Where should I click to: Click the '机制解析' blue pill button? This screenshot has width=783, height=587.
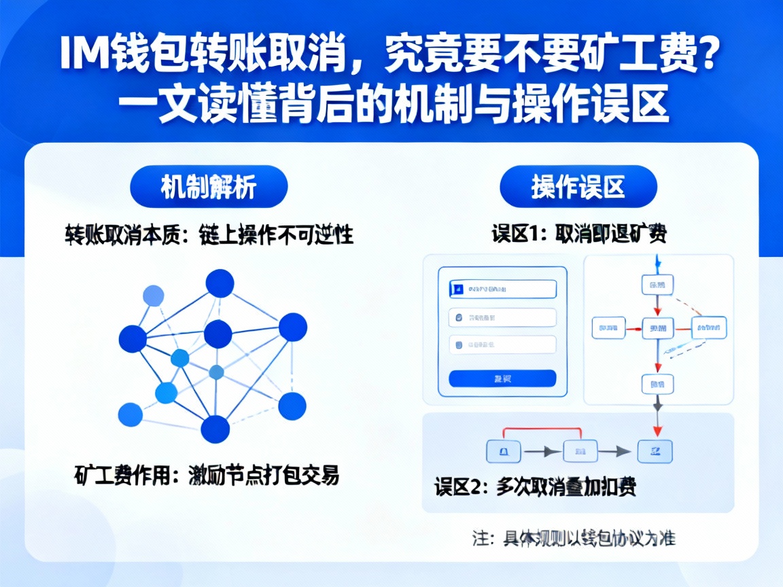click(209, 187)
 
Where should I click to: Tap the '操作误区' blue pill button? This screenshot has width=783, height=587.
click(578, 187)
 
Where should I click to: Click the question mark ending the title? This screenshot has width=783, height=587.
click(709, 56)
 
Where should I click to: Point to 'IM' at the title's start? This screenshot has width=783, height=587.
click(83, 56)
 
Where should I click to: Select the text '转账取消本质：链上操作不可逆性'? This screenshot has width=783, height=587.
click(209, 235)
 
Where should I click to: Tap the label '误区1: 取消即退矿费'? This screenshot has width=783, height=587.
click(578, 234)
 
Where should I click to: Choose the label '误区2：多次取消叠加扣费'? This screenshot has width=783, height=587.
click(536, 487)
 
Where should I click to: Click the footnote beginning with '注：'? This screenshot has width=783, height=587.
click(574, 538)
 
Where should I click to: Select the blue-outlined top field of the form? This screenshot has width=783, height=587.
click(502, 289)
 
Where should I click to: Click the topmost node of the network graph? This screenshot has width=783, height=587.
click(220, 283)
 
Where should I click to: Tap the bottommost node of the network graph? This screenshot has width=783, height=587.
click(215, 429)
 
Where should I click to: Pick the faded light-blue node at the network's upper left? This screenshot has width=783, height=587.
click(153, 296)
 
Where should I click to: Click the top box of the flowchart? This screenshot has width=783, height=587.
click(657, 284)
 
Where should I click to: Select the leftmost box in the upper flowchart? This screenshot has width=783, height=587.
click(608, 328)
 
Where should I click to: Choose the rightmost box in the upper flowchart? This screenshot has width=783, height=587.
click(709, 328)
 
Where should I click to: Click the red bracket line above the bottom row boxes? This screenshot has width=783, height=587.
click(542, 429)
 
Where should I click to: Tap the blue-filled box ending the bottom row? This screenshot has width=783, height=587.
click(655, 450)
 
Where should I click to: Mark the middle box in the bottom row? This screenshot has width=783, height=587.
click(580, 450)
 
